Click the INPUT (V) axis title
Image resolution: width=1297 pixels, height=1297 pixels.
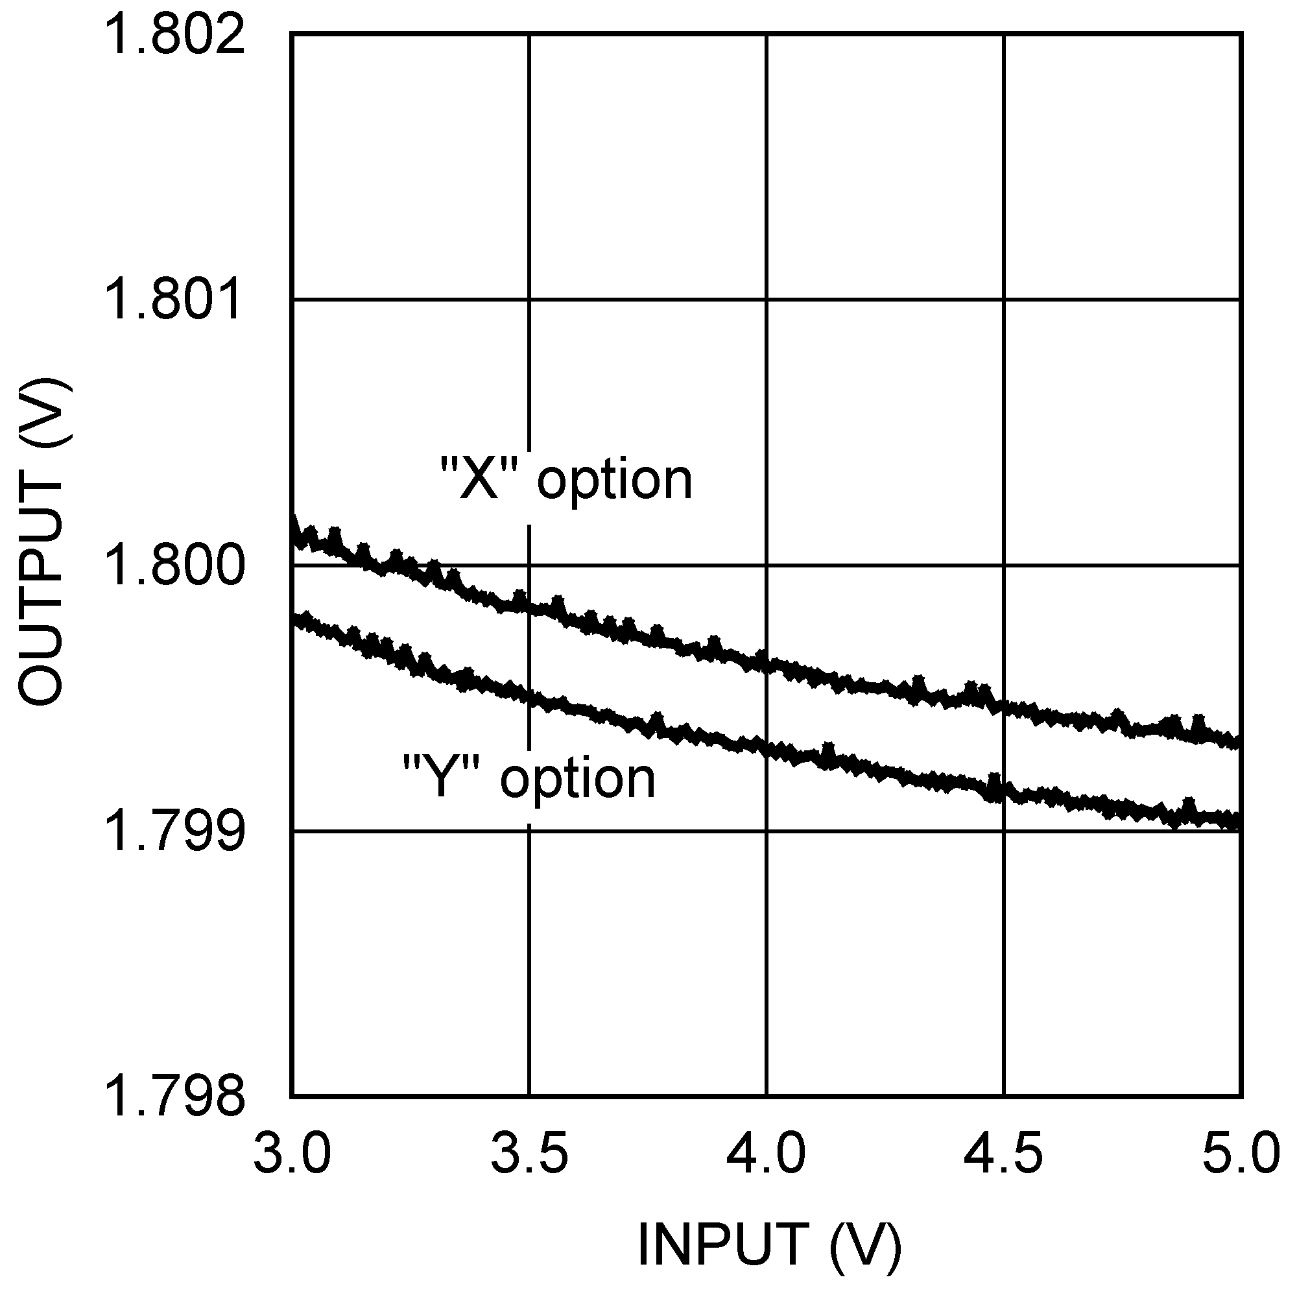click(x=768, y=1244)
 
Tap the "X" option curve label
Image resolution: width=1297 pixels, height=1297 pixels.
click(x=566, y=480)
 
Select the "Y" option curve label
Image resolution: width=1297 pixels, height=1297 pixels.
click(x=529, y=779)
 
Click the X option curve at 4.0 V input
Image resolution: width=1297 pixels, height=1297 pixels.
click(x=767, y=664)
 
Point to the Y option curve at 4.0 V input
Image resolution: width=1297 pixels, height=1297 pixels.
click(x=767, y=747)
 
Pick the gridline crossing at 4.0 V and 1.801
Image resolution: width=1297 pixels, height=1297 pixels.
click(x=767, y=300)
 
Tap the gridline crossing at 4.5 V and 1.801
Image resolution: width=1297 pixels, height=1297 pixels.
click(x=1004, y=300)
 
